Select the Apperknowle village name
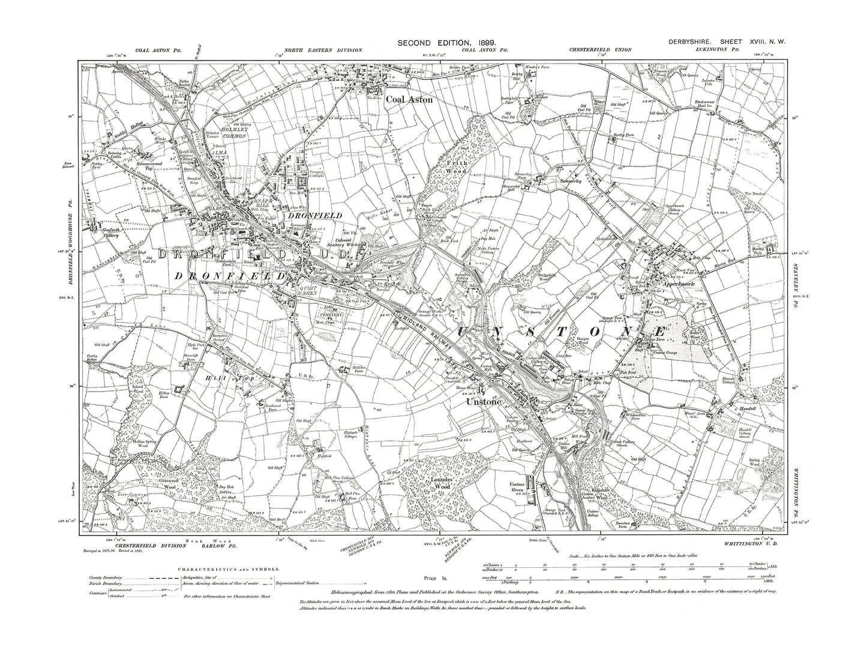[x=679, y=285]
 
